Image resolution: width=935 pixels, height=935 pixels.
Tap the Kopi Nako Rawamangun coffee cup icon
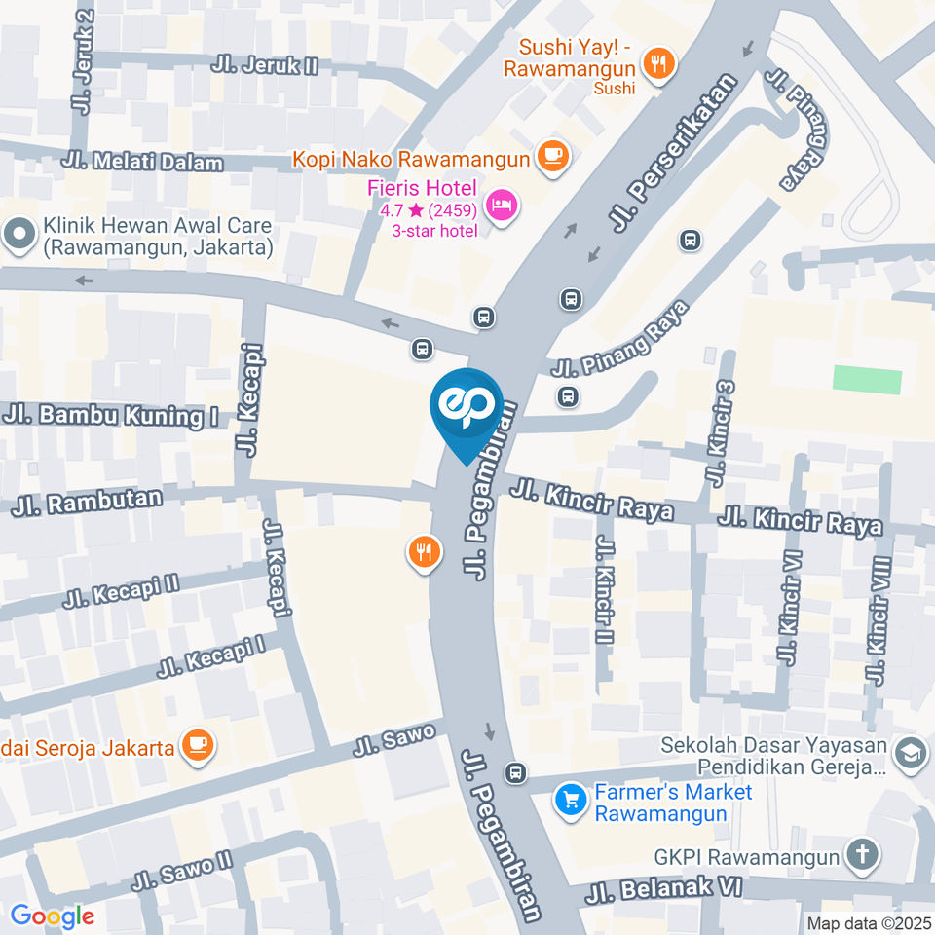553,157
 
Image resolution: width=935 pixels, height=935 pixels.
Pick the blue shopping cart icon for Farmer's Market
568,801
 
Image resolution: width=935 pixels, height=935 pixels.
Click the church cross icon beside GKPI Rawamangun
862,856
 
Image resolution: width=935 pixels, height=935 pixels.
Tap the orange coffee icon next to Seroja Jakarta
200,747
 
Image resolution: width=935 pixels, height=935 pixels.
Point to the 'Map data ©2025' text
868,922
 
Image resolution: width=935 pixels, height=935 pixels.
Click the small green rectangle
867,380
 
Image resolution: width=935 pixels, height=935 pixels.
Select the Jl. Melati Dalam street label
141,162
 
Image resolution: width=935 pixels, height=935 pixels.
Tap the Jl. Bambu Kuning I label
110,416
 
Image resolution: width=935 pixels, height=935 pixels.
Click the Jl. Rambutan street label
91,503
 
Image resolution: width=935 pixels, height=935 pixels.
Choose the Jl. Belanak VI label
664,889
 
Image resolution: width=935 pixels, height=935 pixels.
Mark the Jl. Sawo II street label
183,871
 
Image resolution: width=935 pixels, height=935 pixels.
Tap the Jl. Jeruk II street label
265,65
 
